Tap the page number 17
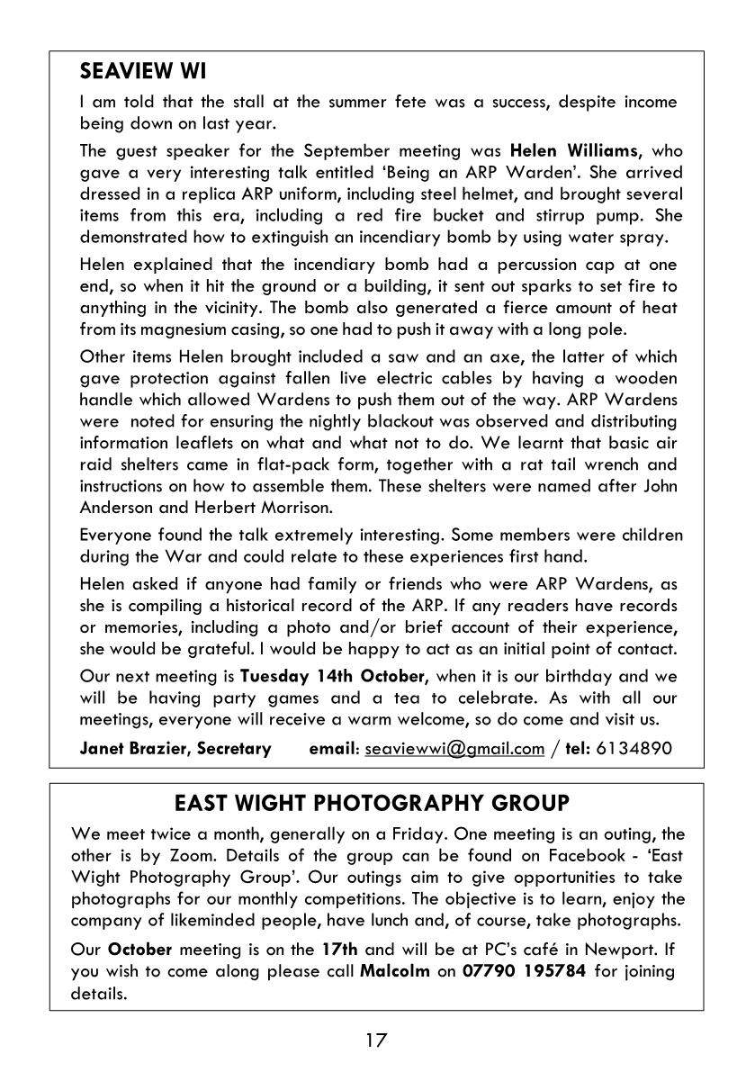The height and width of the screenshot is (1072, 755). [376, 1041]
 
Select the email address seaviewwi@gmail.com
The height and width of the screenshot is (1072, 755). [454, 749]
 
